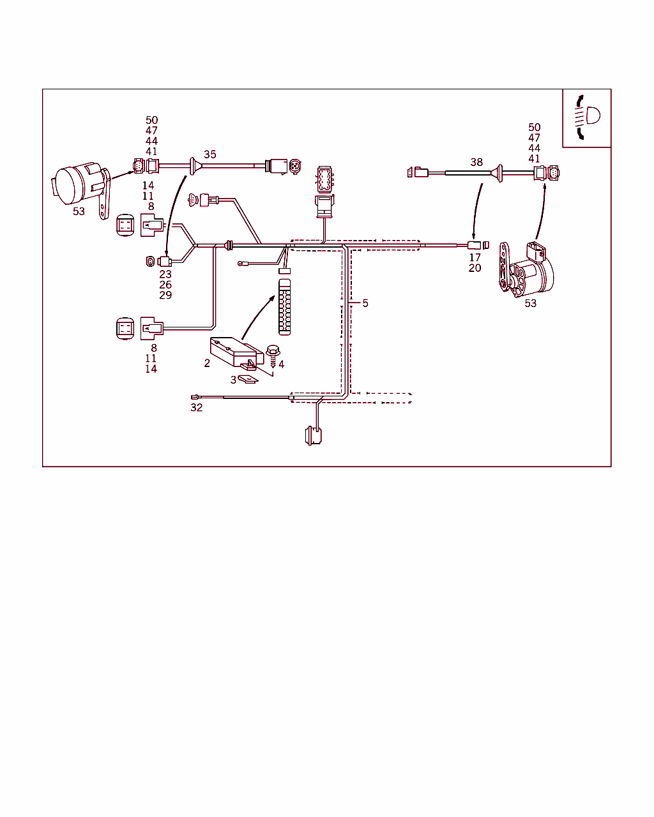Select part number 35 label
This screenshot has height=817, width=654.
pyautogui.click(x=210, y=154)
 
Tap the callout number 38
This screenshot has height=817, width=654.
pyautogui.click(x=476, y=162)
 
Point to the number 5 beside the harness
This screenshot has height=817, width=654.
pyautogui.click(x=365, y=303)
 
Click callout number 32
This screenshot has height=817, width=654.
pyautogui.click(x=197, y=407)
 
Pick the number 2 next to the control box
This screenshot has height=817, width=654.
pyautogui.click(x=207, y=363)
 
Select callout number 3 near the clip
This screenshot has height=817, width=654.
pyautogui.click(x=234, y=379)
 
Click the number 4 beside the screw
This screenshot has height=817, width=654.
pyautogui.click(x=281, y=364)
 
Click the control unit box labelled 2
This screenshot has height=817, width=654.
pyautogui.click(x=235, y=353)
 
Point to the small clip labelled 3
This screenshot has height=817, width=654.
pyautogui.click(x=248, y=380)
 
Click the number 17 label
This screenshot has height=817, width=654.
pyautogui.click(x=475, y=258)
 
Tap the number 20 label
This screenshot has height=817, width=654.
pyautogui.click(x=475, y=268)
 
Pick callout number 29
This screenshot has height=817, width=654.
pyautogui.click(x=165, y=295)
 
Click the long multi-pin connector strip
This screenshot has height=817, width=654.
pyautogui.click(x=285, y=306)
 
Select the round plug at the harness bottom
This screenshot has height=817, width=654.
pyautogui.click(x=313, y=436)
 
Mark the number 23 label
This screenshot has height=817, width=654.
pyautogui.click(x=165, y=274)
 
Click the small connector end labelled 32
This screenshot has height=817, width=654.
pyautogui.click(x=195, y=398)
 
